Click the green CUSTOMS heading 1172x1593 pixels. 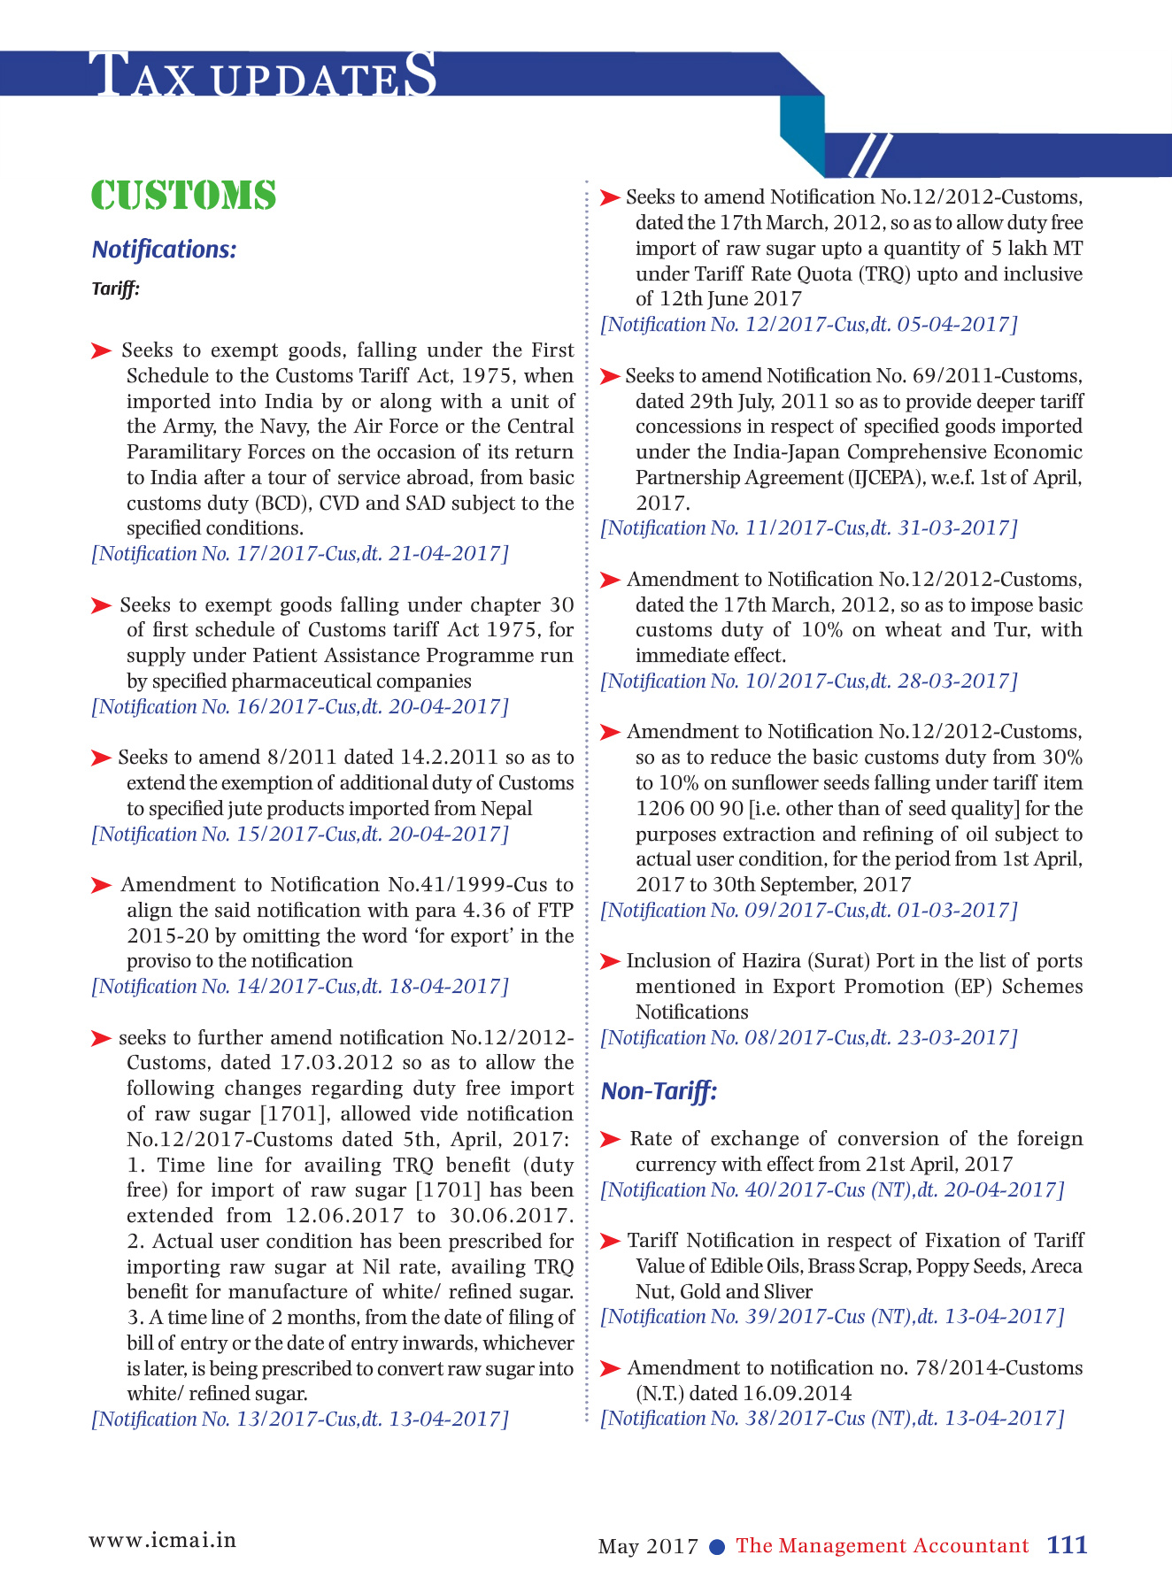coord(183,196)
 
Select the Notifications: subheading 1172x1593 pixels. coord(164,250)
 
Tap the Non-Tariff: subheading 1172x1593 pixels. coord(659,1091)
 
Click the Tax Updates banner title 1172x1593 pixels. coord(265,75)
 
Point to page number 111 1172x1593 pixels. coord(1067,1545)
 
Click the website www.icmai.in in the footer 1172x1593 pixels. coord(162,1540)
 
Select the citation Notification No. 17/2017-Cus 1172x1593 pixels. coord(300,554)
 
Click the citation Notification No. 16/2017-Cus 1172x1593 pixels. coord(300,707)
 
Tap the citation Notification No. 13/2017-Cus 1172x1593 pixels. coord(300,1420)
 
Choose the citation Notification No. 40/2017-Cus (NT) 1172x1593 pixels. coord(832,1190)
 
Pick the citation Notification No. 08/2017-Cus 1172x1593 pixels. coord(809,1038)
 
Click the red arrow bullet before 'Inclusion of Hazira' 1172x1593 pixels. coord(610,961)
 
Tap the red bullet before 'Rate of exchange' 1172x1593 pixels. coord(610,1139)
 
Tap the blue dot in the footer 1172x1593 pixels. coord(718,1547)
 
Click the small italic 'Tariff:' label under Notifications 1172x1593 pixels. coord(116,289)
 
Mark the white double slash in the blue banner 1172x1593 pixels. coord(869,156)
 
